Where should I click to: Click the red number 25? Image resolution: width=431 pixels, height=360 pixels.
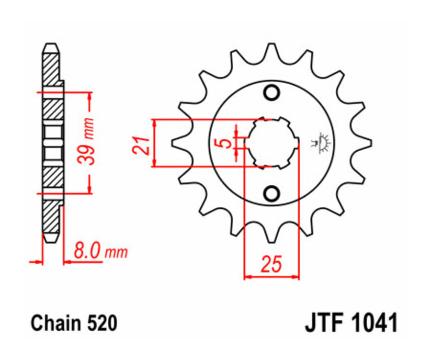[271, 264]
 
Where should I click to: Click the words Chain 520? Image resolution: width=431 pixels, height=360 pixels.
[74, 323]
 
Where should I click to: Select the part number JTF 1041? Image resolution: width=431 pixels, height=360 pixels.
[351, 323]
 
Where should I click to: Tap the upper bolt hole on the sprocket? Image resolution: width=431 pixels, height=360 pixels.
[272, 92]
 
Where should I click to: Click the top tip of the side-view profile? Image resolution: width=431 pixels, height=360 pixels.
[51, 46]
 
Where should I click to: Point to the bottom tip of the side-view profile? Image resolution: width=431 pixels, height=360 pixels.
[51, 238]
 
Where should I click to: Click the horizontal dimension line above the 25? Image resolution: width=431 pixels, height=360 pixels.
[272, 277]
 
